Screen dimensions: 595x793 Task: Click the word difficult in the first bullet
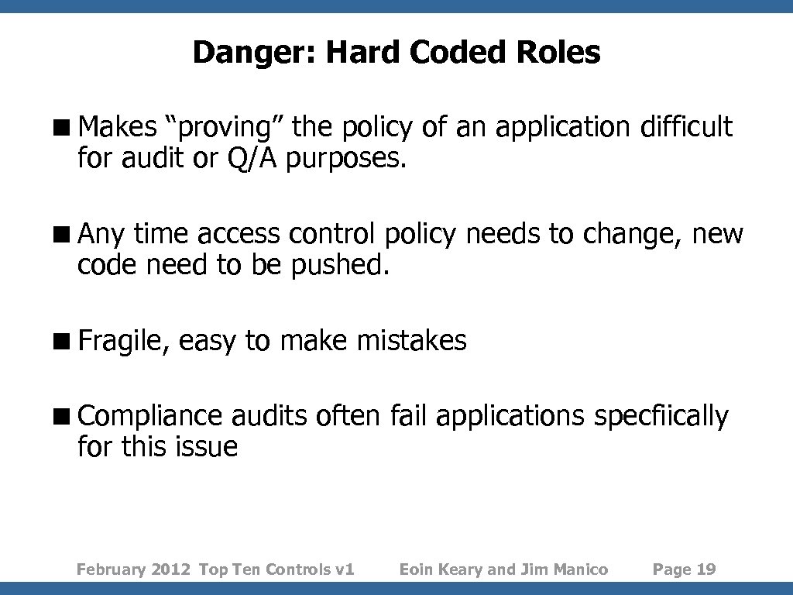[685, 126]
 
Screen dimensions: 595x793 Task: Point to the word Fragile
[122, 341]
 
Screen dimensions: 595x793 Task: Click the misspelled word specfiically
[661, 417]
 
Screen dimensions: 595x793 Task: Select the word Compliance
[150, 417]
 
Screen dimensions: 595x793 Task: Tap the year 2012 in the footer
[172, 569]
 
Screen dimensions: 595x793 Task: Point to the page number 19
[706, 569]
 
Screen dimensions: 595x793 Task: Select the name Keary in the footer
[461, 569]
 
